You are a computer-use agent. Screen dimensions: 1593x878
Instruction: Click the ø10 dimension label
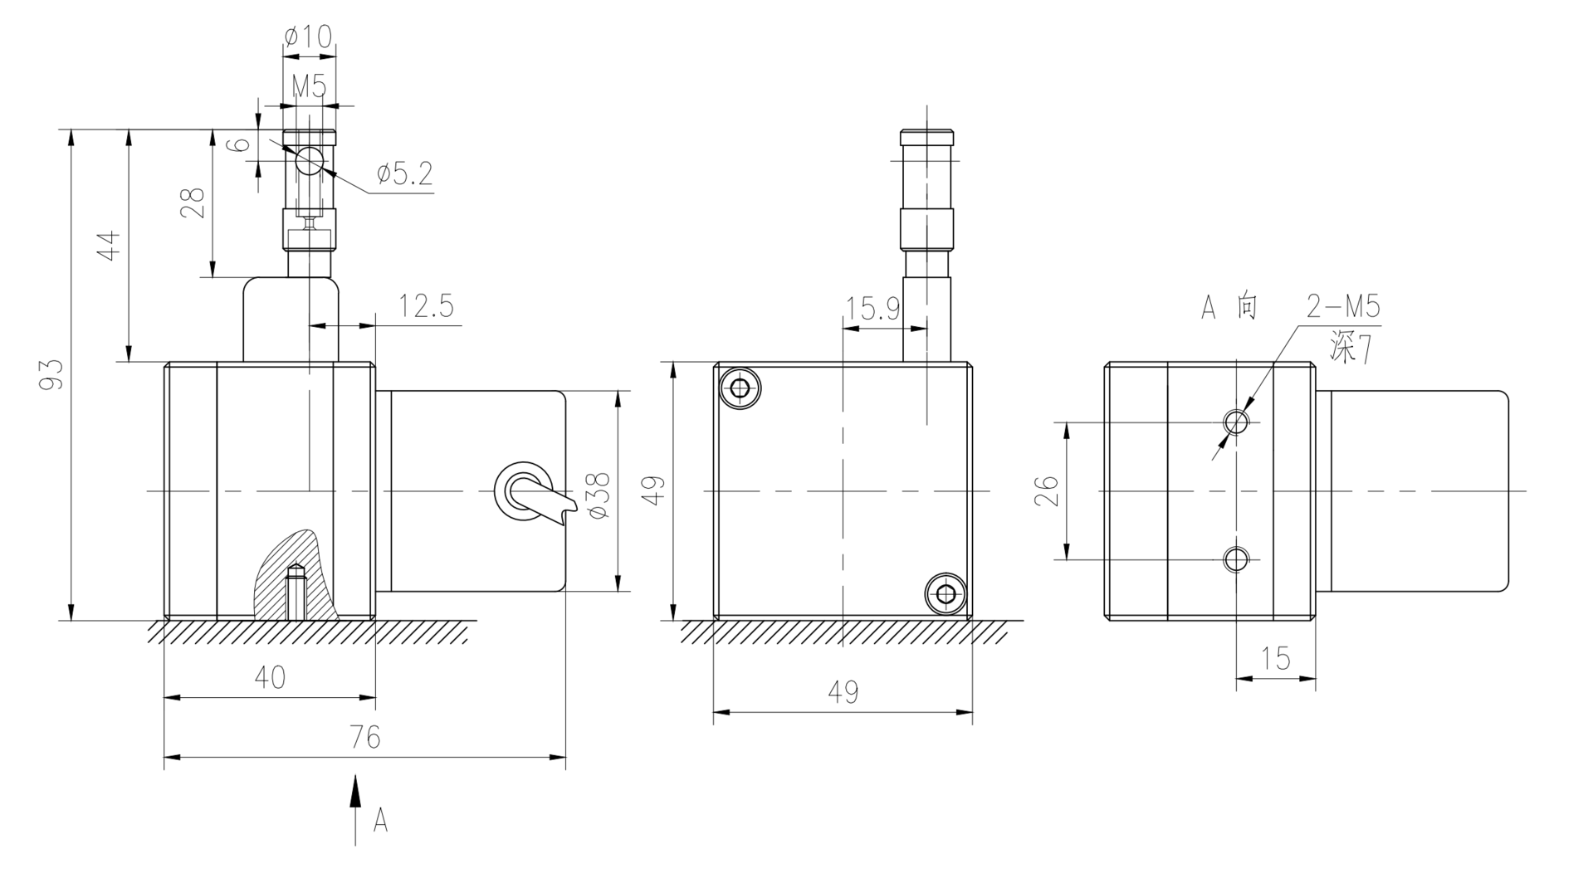coord(308,36)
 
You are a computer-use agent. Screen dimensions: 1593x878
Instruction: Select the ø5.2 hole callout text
coord(404,173)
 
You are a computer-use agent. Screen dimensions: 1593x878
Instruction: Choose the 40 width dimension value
coord(270,677)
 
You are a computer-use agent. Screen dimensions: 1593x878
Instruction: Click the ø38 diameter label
coord(599,495)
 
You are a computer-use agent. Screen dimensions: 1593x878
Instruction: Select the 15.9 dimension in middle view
coord(872,309)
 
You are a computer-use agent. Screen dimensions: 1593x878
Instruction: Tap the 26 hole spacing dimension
coord(1048,490)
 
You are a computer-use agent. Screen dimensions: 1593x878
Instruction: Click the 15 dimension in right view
coord(1276,659)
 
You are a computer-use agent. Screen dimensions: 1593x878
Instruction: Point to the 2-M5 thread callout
coord(1343,307)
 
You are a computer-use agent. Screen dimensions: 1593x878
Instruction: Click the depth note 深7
coord(1350,349)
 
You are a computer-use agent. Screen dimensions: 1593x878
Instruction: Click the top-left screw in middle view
coord(740,388)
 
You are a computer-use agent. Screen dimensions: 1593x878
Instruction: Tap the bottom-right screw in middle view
coord(946,593)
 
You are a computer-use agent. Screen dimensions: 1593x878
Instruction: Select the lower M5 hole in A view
coord(1236,560)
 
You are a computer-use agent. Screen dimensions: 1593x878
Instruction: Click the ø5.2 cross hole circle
coord(309,160)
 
